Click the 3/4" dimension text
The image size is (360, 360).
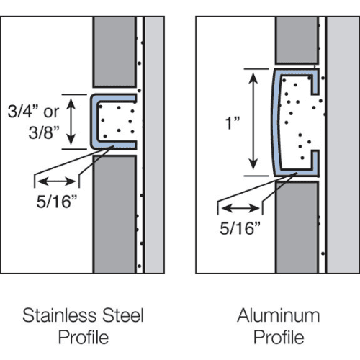[x=23, y=112]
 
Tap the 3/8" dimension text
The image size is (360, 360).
[x=44, y=132]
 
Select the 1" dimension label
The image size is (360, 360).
[x=233, y=123]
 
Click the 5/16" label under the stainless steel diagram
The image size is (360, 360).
[x=57, y=202]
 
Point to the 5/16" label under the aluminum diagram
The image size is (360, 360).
[x=240, y=228]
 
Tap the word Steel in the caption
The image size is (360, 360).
[x=123, y=315]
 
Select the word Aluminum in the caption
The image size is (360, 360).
[x=279, y=315]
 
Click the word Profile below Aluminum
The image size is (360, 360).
[x=279, y=337]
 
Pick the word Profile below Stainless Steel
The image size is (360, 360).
[x=84, y=337]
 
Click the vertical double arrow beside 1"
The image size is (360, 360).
[x=253, y=122]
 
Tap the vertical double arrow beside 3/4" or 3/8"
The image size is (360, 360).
[x=71, y=122]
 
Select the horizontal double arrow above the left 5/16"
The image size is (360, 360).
[x=57, y=181]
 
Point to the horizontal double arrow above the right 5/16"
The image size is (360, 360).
[x=240, y=208]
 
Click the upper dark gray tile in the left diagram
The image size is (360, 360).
[x=114, y=52]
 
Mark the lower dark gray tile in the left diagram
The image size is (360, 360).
[x=114, y=214]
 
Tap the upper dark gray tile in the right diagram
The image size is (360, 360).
[x=297, y=40]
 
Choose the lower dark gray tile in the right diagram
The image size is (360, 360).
[x=297, y=228]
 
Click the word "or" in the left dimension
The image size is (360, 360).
[x=51, y=112]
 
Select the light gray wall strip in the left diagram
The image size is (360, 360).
[x=154, y=145]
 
